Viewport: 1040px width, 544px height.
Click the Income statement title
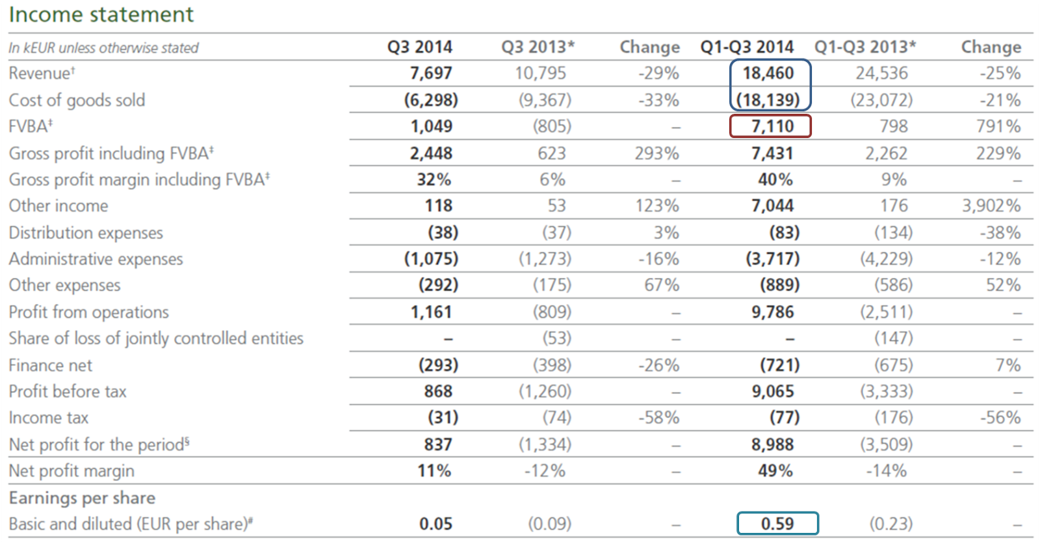click(x=101, y=14)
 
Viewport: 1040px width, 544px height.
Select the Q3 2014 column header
click(x=419, y=47)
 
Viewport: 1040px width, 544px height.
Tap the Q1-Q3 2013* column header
click(x=865, y=47)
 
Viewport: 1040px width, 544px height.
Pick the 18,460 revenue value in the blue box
click(x=768, y=73)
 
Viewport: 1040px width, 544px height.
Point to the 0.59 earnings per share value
click(x=777, y=524)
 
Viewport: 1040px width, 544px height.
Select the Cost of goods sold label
click(x=77, y=100)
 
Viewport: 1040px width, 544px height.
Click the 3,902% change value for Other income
click(x=991, y=206)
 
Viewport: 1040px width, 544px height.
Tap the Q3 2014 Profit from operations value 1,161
click(x=431, y=312)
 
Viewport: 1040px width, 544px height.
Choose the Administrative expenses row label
click(x=96, y=259)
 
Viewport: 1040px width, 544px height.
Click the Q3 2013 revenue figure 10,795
click(x=540, y=73)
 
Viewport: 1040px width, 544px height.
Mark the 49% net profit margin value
click(x=775, y=471)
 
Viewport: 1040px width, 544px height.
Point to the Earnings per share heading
click(x=82, y=498)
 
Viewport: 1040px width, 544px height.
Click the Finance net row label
click(x=51, y=365)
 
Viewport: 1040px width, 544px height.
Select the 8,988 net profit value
click(x=772, y=444)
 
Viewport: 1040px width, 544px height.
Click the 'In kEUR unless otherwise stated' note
click(x=103, y=48)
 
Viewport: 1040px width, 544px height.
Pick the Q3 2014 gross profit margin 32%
click(x=434, y=180)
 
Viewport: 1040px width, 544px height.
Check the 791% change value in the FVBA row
click(x=998, y=126)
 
